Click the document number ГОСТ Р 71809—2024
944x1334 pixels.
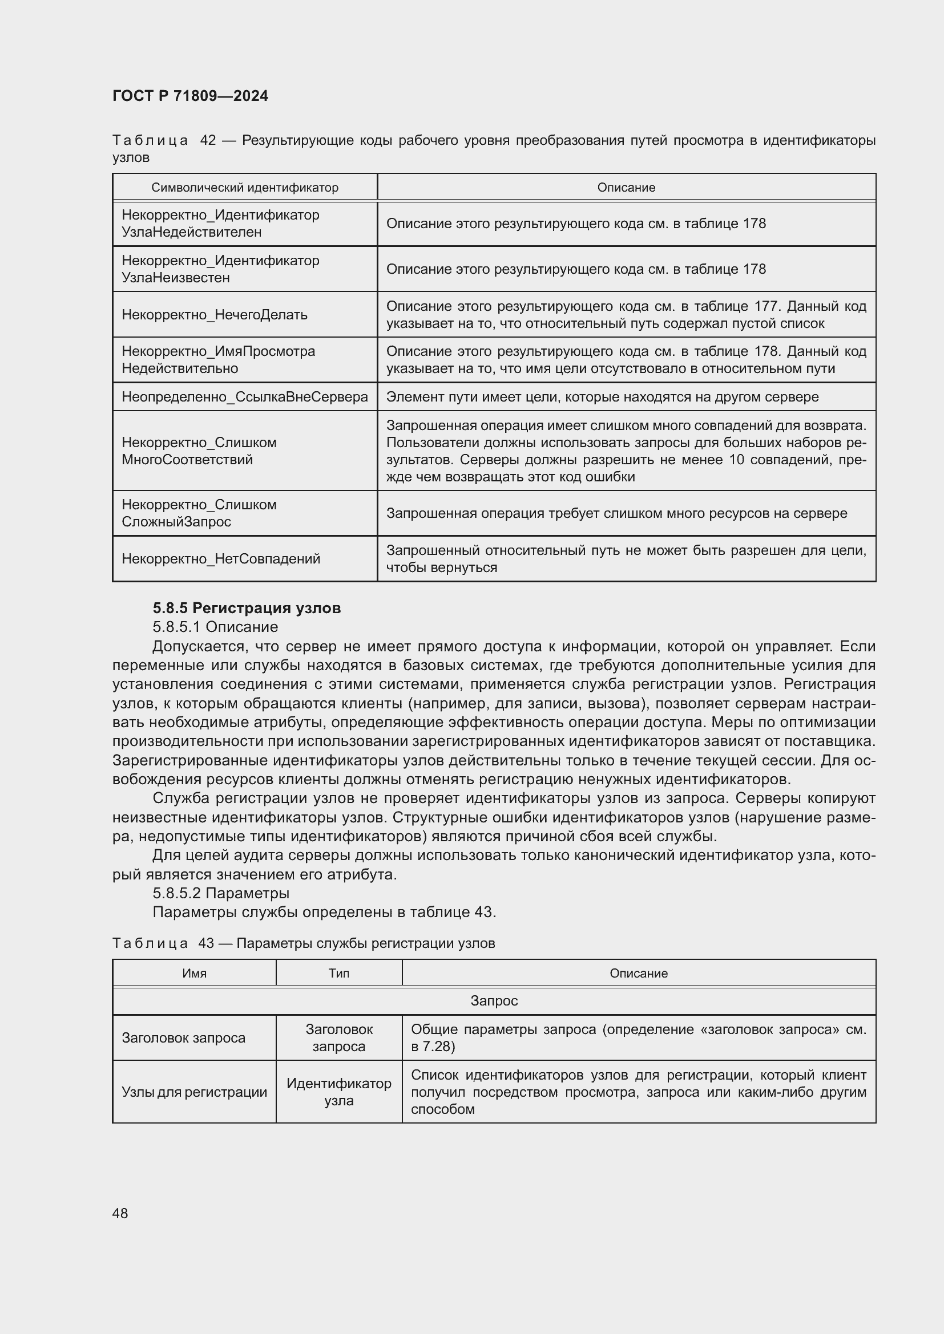point(190,96)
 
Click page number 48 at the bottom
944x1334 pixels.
point(120,1213)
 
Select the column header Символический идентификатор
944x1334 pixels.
point(244,188)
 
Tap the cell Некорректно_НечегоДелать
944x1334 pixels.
point(215,315)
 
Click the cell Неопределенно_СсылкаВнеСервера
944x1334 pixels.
point(245,397)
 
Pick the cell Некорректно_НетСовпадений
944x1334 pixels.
point(221,559)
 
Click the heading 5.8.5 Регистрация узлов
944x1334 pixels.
point(247,609)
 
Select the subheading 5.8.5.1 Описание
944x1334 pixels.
point(215,627)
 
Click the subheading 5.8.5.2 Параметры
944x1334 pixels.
point(221,893)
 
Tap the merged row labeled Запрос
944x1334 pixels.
point(494,1000)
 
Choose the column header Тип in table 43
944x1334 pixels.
point(338,973)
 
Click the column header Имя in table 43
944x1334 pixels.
point(194,973)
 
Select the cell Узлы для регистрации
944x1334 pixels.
point(194,1092)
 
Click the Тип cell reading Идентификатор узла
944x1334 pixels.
point(338,1092)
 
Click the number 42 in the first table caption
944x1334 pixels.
point(208,141)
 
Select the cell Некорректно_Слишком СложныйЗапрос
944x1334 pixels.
point(199,513)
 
